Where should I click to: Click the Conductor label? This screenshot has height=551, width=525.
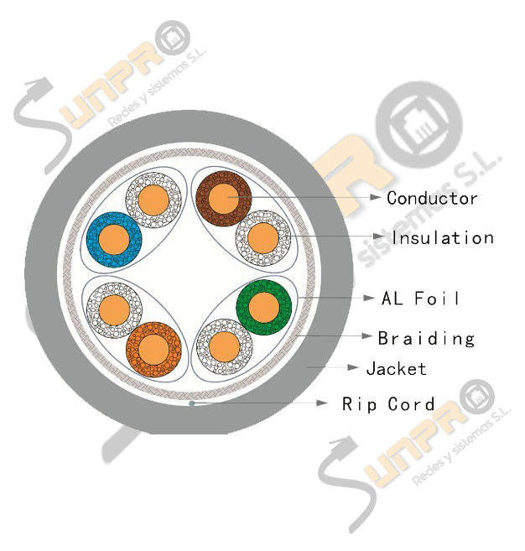(x=432, y=198)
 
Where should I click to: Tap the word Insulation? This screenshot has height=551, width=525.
(x=443, y=237)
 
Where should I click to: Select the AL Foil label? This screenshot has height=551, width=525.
(x=420, y=299)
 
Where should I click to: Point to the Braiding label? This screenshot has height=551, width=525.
(x=426, y=339)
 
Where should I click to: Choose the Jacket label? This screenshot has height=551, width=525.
(x=396, y=369)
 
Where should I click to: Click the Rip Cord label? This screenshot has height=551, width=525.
(x=388, y=404)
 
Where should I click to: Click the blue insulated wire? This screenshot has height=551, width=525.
(x=114, y=240)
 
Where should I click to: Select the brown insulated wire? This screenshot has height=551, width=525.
(x=223, y=199)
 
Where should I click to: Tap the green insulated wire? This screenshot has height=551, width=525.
(x=264, y=307)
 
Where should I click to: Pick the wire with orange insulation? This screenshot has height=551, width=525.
(x=153, y=349)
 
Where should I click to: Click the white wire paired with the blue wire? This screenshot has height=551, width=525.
(x=153, y=200)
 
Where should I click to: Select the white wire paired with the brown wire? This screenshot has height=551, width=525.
(x=263, y=238)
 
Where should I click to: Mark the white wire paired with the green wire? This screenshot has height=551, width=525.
(x=224, y=346)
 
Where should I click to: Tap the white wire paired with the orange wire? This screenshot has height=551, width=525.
(x=114, y=310)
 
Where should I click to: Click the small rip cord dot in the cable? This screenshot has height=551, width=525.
(x=191, y=403)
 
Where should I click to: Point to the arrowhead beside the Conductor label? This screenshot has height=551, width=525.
(x=376, y=197)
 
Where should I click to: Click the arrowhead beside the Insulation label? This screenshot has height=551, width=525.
(x=378, y=237)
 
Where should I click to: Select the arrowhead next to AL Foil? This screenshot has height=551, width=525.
(x=369, y=298)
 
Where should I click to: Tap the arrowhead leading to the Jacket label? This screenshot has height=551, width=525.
(x=352, y=367)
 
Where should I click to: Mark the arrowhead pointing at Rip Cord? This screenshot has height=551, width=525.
(x=322, y=403)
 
